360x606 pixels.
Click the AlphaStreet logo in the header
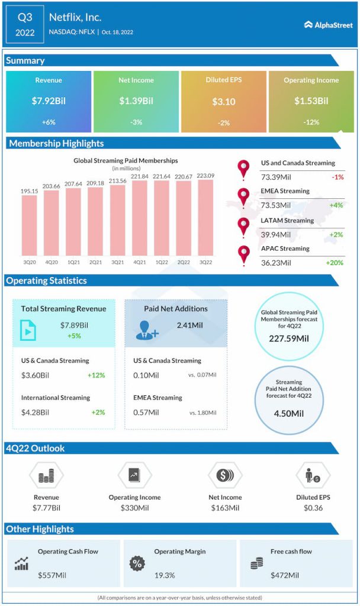click(x=328, y=25)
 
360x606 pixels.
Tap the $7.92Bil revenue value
click(x=49, y=101)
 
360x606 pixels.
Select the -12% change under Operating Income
click(x=311, y=123)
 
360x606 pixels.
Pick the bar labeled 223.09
click(x=205, y=217)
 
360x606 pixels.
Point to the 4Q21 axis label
click(x=140, y=262)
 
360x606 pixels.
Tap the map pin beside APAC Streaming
click(x=243, y=254)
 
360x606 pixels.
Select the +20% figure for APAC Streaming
click(x=333, y=263)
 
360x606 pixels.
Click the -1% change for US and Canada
click(x=335, y=176)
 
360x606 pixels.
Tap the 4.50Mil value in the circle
click(x=289, y=413)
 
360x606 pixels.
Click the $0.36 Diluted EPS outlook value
click(x=313, y=508)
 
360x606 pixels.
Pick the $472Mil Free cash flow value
click(x=285, y=575)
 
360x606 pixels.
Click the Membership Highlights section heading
click(x=56, y=143)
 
